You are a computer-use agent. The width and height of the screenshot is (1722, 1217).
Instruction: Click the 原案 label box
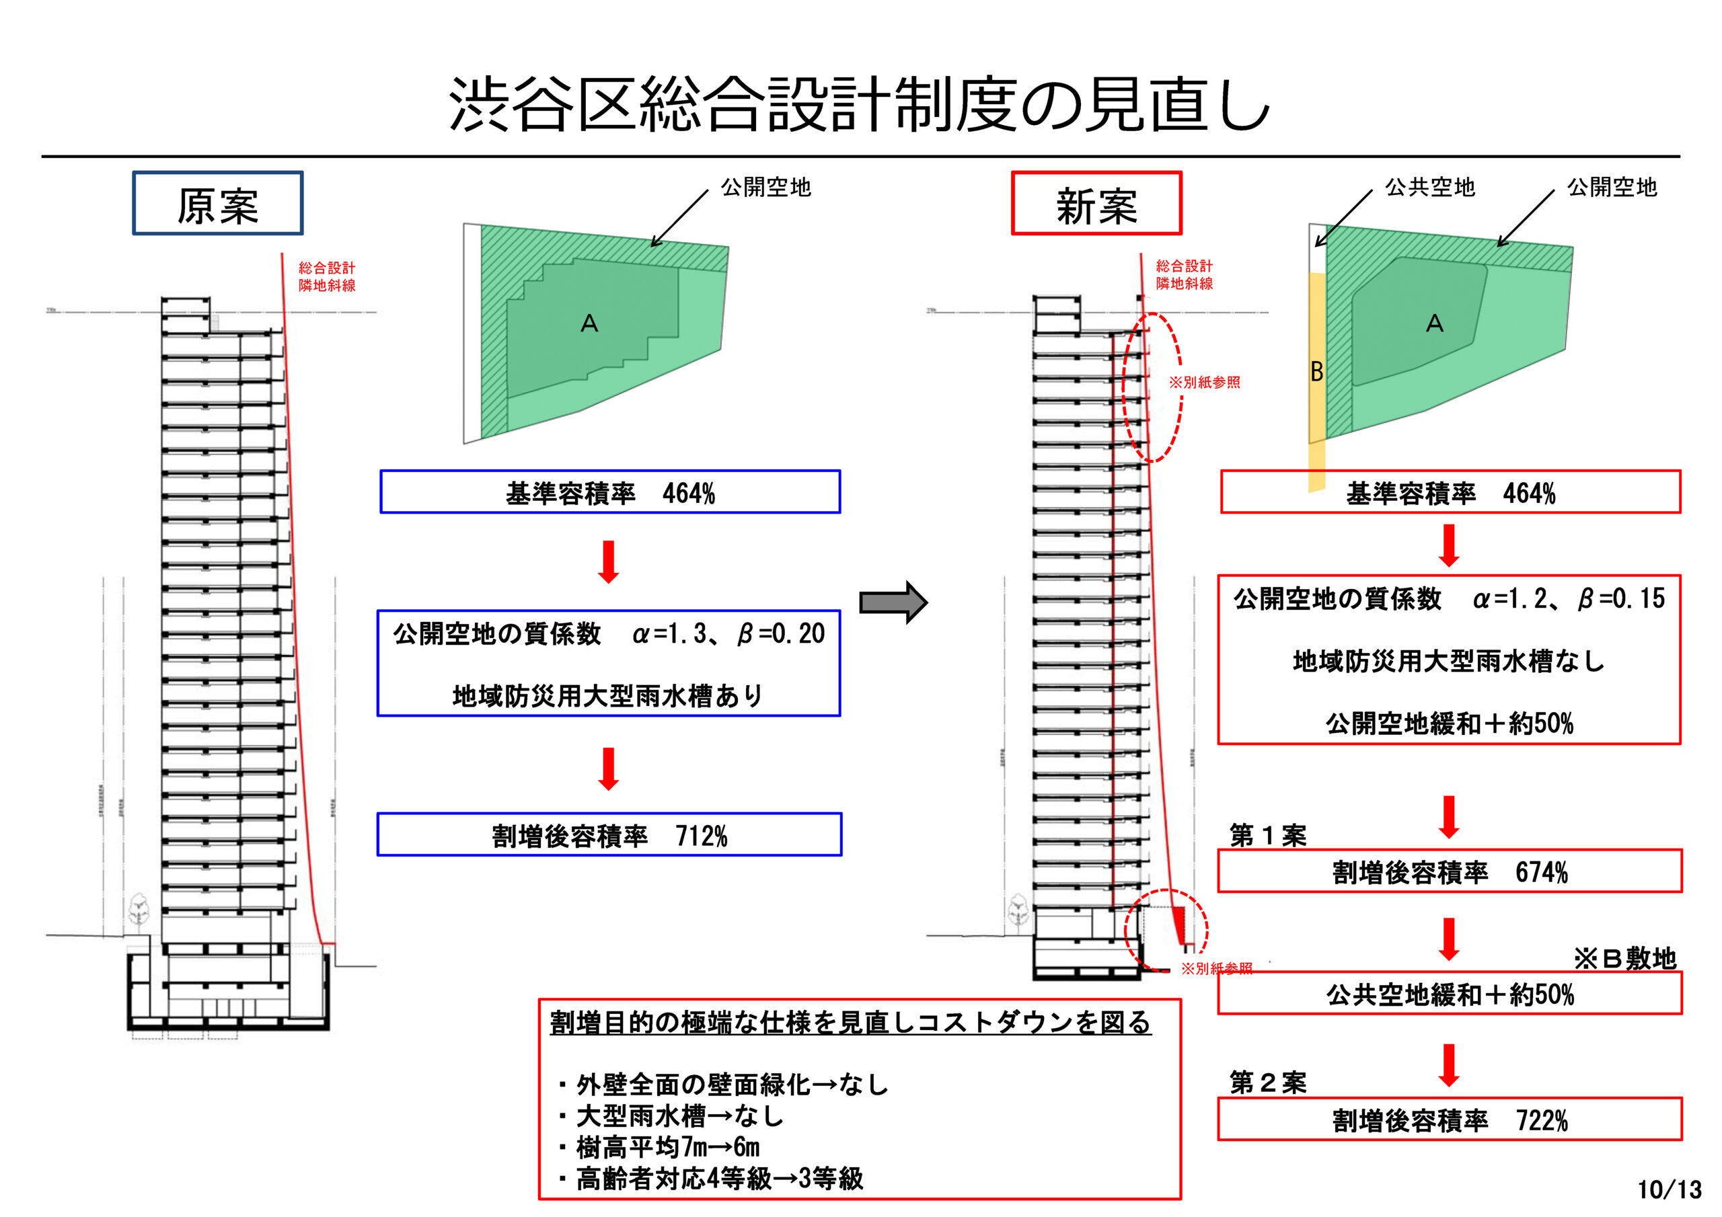(x=217, y=204)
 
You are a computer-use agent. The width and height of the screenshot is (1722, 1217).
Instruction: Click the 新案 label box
(x=1096, y=204)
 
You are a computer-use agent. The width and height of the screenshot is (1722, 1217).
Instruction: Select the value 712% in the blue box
(x=702, y=835)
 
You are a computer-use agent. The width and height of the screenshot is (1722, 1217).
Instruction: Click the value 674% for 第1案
(x=1541, y=872)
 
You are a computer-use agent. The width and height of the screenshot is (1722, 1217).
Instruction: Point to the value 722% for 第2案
(x=1541, y=1120)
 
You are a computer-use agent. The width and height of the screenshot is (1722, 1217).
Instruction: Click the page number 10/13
(x=1669, y=1189)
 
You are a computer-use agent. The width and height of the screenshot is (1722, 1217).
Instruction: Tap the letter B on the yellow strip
(x=1316, y=371)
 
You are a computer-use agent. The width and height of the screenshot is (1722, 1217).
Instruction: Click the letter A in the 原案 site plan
(x=589, y=323)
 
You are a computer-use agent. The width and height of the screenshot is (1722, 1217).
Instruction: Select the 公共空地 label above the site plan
(x=1429, y=187)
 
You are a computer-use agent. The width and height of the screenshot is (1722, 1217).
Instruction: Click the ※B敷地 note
(x=1624, y=957)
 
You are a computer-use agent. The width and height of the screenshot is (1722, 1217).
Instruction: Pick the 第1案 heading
(x=1267, y=834)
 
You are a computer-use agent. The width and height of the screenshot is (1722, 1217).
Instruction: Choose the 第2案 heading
(x=1267, y=1082)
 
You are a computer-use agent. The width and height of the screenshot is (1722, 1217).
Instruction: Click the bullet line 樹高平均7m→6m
(x=667, y=1147)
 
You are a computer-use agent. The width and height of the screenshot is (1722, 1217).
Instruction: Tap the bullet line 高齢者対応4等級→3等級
(x=718, y=1179)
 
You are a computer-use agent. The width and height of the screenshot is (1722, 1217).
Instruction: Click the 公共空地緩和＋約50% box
(x=1449, y=994)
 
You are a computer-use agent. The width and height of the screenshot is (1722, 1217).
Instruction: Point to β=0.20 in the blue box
(x=781, y=634)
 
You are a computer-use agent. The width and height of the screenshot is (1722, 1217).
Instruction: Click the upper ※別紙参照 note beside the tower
(x=1205, y=383)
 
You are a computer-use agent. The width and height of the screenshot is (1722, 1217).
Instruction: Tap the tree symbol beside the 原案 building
(x=138, y=910)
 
